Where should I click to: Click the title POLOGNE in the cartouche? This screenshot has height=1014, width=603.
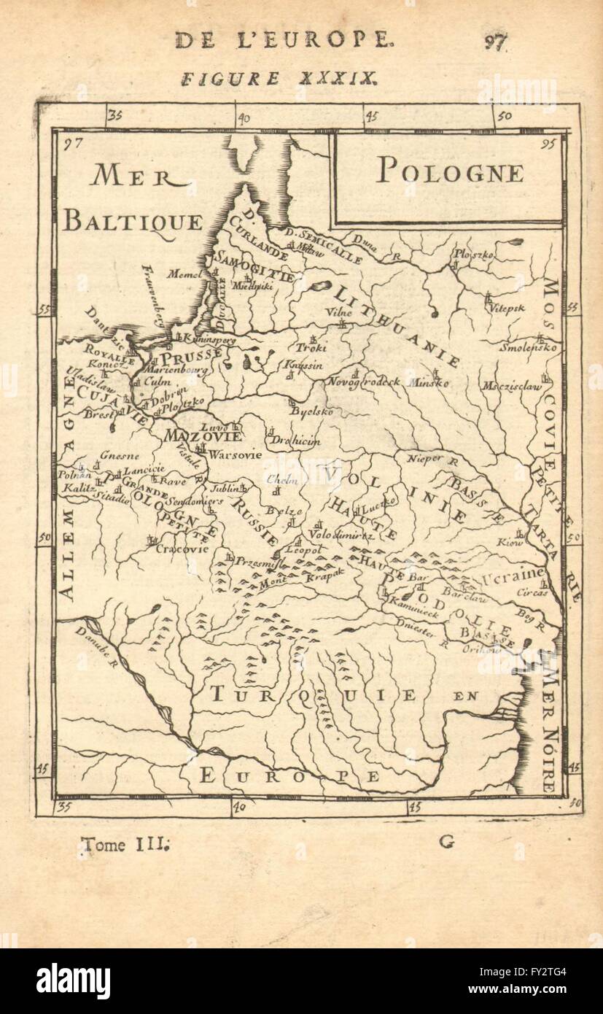449,172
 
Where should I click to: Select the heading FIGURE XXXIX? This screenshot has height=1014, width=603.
279,79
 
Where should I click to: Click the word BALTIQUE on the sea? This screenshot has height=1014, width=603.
132,221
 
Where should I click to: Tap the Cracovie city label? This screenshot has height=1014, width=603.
182,549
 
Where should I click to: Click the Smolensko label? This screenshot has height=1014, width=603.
529,348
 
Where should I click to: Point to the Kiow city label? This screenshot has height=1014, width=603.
526,542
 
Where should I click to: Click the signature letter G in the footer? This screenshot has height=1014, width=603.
446,842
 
